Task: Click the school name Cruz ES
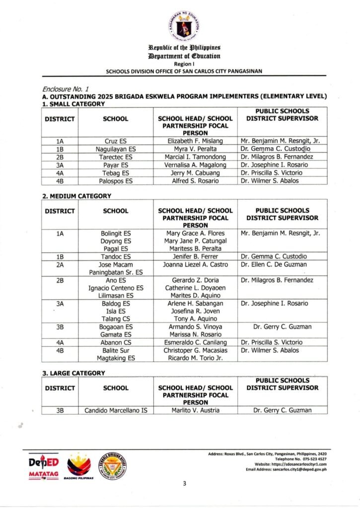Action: [x=115, y=141]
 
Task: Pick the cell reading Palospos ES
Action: [x=115, y=181]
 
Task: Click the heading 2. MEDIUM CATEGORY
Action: [x=76, y=196]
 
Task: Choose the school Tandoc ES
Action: [x=115, y=256]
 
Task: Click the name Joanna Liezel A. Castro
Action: [x=195, y=264]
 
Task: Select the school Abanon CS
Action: [x=115, y=342]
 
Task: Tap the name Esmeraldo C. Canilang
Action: [x=195, y=342]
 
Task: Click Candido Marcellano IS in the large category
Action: [x=115, y=410]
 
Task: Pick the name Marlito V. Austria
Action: [x=195, y=410]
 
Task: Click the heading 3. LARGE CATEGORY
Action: [x=73, y=373]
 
